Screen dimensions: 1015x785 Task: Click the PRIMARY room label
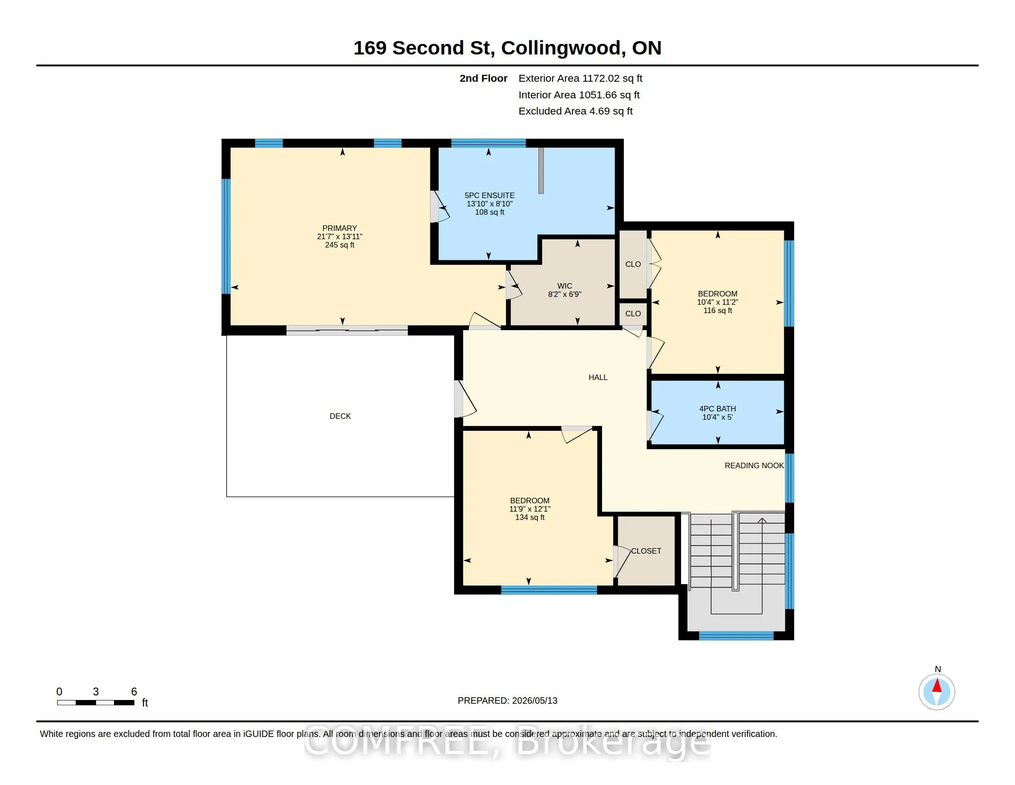[340, 228]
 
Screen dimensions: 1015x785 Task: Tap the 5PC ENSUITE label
[490, 195]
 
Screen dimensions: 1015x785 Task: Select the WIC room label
[565, 286]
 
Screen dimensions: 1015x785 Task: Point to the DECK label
[340, 416]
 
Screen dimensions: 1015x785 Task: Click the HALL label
[598, 377]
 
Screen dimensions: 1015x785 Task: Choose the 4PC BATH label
[717, 409]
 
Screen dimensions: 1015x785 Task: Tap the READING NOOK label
[754, 465]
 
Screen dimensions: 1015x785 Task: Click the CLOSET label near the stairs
[646, 550]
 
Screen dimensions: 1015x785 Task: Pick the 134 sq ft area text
[530, 517]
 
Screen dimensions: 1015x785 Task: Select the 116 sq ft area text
[717, 310]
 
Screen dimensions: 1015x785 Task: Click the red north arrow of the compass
[937, 686]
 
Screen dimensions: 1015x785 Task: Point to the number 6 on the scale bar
[134, 692]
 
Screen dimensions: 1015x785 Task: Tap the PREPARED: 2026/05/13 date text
[507, 700]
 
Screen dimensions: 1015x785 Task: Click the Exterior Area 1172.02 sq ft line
[580, 78]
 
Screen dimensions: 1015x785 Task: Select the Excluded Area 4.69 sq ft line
[576, 111]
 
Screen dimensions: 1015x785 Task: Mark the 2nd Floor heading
[484, 78]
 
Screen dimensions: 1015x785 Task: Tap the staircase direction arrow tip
[762, 519]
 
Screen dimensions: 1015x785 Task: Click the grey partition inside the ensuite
[541, 170]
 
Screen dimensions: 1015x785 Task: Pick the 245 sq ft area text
[340, 245]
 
